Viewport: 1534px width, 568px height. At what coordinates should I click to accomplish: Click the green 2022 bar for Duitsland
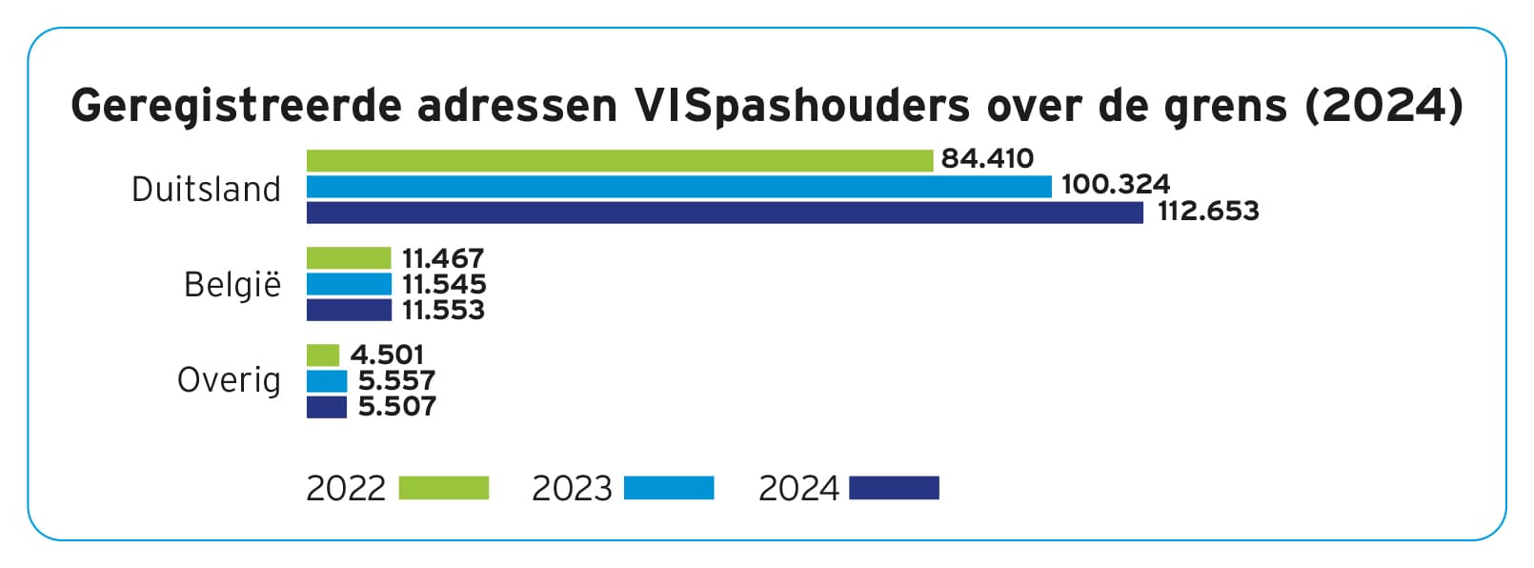point(619,160)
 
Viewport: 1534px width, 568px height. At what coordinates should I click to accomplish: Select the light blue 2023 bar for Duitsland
point(678,186)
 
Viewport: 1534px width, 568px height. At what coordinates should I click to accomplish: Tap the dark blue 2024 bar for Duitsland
point(724,212)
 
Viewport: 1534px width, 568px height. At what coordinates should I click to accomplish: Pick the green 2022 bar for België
point(349,258)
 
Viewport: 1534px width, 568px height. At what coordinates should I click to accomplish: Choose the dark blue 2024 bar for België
point(349,310)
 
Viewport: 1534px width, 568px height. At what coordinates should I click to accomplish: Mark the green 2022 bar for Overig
point(323,355)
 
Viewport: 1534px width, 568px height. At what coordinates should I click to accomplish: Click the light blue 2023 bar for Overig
point(327,380)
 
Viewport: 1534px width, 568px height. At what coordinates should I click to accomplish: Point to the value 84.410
point(987,158)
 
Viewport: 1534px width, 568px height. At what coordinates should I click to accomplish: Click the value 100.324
point(1115,184)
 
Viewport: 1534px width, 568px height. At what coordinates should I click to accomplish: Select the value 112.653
point(1208,211)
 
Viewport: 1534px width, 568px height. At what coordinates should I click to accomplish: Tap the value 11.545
point(444,284)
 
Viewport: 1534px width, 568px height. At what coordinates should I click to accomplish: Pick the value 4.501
point(387,355)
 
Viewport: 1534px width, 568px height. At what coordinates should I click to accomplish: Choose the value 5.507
point(397,406)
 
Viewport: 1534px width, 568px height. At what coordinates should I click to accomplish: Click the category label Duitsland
point(206,189)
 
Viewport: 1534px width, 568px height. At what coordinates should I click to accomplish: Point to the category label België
point(232,284)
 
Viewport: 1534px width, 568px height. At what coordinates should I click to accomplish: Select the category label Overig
point(229,380)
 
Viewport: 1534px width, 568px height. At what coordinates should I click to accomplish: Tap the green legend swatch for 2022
point(443,488)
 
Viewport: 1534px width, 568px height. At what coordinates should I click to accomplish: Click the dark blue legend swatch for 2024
point(894,488)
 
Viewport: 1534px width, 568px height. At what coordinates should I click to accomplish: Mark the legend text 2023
point(572,488)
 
